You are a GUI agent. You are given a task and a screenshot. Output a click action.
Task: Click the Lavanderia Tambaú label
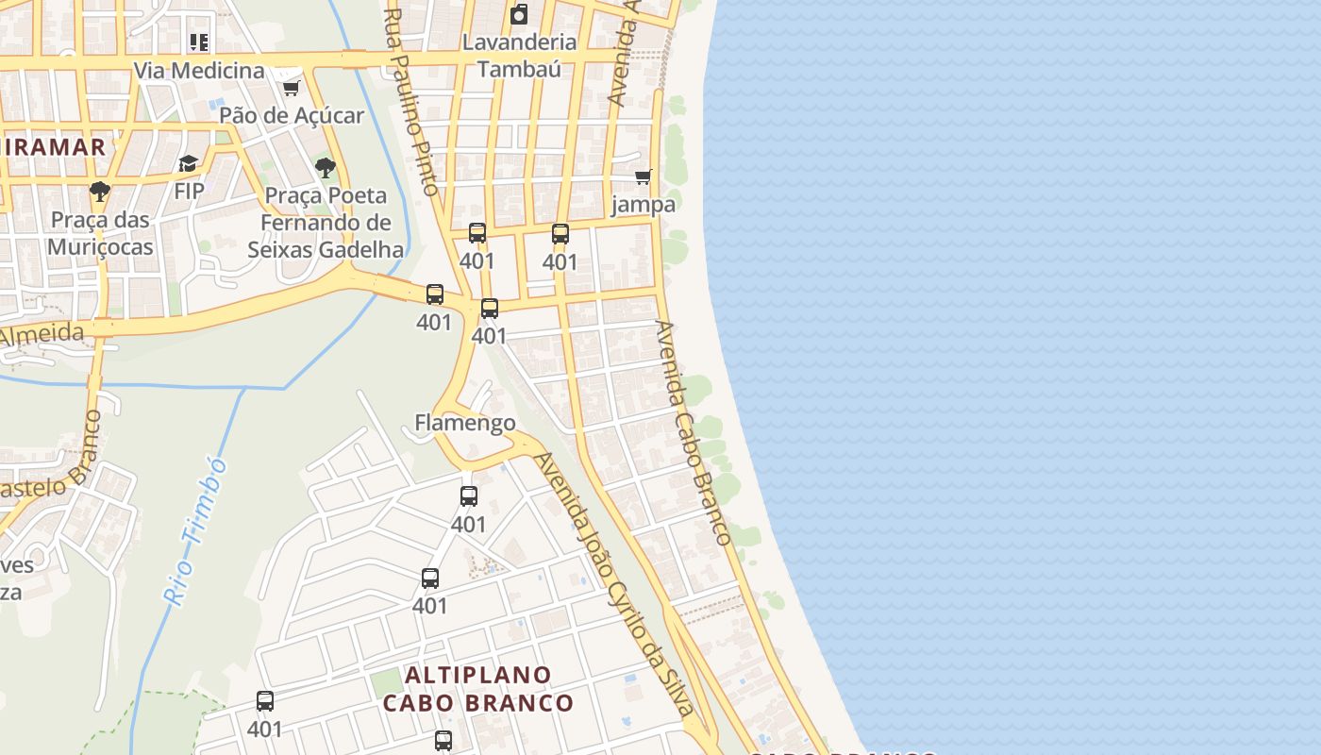tap(519, 55)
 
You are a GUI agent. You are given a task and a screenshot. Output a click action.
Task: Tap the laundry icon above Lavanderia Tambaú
tap(519, 14)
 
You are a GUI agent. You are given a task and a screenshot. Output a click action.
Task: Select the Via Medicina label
tap(199, 71)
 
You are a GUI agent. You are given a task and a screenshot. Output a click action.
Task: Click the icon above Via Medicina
tap(199, 42)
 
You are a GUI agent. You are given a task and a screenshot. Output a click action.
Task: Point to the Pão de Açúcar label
tap(292, 115)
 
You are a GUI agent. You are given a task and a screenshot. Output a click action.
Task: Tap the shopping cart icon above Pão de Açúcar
tap(292, 88)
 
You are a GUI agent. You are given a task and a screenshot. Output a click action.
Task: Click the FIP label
tap(189, 191)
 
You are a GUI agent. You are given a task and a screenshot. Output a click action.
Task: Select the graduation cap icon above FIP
tap(189, 164)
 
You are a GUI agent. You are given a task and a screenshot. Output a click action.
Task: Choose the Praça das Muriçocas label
tap(100, 233)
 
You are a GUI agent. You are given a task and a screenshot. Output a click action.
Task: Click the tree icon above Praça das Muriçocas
tap(100, 193)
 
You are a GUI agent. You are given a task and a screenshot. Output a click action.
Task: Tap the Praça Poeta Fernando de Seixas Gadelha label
tap(326, 223)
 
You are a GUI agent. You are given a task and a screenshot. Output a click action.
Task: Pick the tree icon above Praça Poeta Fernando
tap(326, 168)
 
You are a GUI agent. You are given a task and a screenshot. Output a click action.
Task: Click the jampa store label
tap(644, 204)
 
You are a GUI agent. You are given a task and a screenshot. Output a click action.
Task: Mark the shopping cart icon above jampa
tap(644, 176)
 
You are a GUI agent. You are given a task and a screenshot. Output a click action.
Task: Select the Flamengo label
tap(465, 422)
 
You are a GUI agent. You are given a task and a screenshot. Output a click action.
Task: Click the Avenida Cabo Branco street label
tap(694, 432)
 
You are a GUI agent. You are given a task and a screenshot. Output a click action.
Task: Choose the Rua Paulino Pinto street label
tap(413, 102)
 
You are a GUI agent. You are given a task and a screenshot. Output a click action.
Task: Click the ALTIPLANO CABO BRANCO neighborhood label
tap(478, 689)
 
